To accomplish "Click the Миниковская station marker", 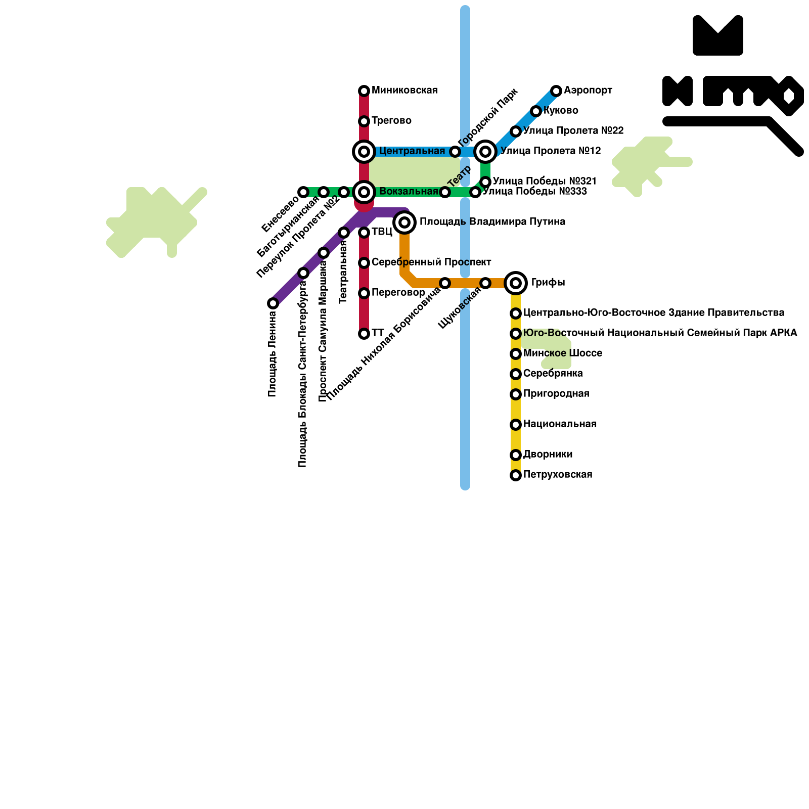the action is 364,91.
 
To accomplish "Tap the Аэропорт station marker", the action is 556,91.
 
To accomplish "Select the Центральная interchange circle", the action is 364,151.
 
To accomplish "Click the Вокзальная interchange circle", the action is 364,192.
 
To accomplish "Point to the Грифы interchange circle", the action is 516,283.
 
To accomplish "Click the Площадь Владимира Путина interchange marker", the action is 404,222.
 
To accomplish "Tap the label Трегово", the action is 391,121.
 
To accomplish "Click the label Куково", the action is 561,111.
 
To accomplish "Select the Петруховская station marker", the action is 516,475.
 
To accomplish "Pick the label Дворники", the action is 548,455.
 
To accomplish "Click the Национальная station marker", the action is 516,425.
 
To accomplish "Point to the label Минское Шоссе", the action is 563,353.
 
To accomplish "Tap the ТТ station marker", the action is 364,334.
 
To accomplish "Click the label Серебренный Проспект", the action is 431,262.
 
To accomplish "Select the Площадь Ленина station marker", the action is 273,303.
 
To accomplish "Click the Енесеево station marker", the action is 303,192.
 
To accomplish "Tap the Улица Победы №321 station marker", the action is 485,182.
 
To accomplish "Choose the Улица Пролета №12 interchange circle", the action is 485,151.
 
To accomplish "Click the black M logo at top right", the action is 718,35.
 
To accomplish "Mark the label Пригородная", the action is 556,394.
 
